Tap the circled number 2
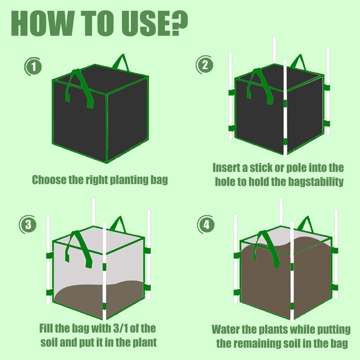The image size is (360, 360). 204,65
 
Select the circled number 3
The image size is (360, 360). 28,224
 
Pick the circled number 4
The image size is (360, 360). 206,224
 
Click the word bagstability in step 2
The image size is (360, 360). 315,182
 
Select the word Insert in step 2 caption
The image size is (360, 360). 226,168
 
